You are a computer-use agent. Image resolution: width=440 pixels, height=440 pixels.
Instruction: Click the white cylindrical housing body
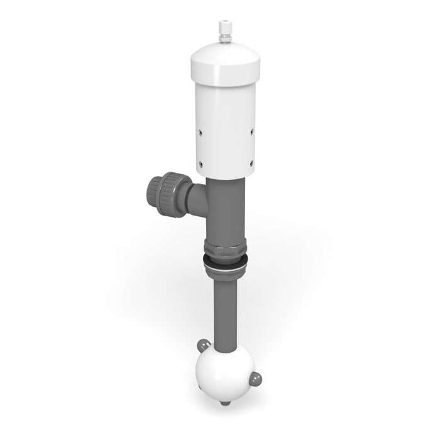coord(224,126)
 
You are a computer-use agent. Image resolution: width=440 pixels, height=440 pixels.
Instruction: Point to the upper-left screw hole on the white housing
coord(200,132)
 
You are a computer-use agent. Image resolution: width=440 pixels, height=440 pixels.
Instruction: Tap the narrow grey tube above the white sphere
coord(225,314)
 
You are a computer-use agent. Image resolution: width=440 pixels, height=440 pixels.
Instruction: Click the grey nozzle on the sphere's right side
coord(256,378)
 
